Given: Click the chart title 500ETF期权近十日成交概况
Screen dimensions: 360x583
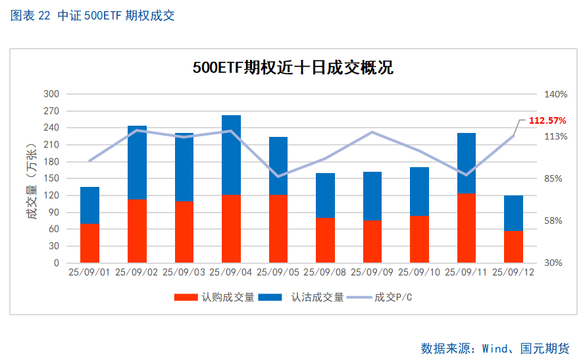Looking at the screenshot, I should (293, 67).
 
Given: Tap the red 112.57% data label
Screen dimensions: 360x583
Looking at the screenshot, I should (547, 120).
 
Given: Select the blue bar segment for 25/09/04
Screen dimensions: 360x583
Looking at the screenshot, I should (231, 155).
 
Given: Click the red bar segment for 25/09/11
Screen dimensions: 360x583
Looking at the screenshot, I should (466, 228).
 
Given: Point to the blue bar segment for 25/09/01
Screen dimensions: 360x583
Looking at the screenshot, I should (90, 205).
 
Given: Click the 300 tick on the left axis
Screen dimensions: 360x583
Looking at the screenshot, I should (51, 94).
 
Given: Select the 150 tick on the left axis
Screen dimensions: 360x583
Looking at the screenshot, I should (51, 178).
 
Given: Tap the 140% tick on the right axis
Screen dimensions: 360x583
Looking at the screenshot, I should (555, 94).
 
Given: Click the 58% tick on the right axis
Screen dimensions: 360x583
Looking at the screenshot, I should (553, 220).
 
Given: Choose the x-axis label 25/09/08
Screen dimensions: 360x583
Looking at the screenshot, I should (325, 271).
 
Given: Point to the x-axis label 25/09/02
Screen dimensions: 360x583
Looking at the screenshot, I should (137, 271).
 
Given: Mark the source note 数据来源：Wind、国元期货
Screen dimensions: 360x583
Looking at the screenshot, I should (495, 348).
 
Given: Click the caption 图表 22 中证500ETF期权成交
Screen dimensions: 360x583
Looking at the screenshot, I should (93, 16).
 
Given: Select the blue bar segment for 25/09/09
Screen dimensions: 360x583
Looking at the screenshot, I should (372, 196).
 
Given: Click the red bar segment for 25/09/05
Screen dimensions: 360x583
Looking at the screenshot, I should (278, 228).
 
